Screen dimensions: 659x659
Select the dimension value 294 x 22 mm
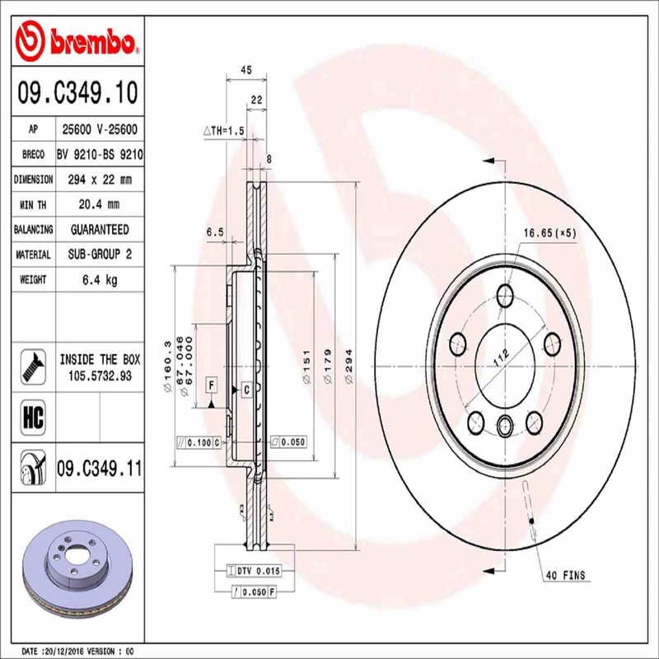(98, 179)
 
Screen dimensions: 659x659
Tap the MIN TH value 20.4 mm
(98, 204)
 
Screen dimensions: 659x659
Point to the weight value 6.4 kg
(98, 280)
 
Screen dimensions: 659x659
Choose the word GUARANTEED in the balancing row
(98, 229)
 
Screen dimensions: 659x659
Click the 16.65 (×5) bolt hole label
(550, 233)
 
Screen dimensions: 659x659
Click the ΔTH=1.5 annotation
(224, 129)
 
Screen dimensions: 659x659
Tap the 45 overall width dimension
(245, 71)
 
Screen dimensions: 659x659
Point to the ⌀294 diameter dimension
(349, 375)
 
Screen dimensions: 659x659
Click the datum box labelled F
(212, 386)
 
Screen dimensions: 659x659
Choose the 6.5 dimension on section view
(215, 233)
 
